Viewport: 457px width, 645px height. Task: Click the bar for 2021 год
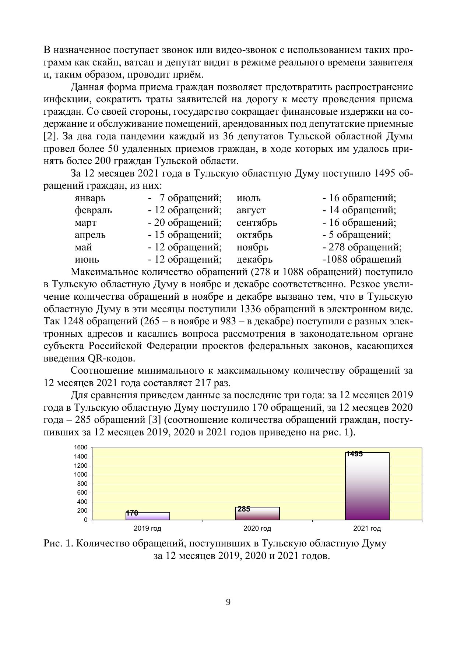(367, 486)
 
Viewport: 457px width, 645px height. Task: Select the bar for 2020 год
(257, 513)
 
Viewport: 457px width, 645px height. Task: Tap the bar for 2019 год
(148, 516)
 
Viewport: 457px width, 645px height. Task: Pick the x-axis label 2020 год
(257, 529)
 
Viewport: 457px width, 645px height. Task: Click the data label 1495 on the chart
(355, 454)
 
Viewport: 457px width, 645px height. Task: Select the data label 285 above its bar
(244, 509)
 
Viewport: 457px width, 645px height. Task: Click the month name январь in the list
(90, 198)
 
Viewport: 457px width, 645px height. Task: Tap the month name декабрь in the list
(254, 260)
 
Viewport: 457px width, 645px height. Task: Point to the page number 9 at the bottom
(228, 602)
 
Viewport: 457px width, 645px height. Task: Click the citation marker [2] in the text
(50, 137)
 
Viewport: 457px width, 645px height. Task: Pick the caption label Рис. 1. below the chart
(59, 544)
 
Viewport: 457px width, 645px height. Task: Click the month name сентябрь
(257, 223)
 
